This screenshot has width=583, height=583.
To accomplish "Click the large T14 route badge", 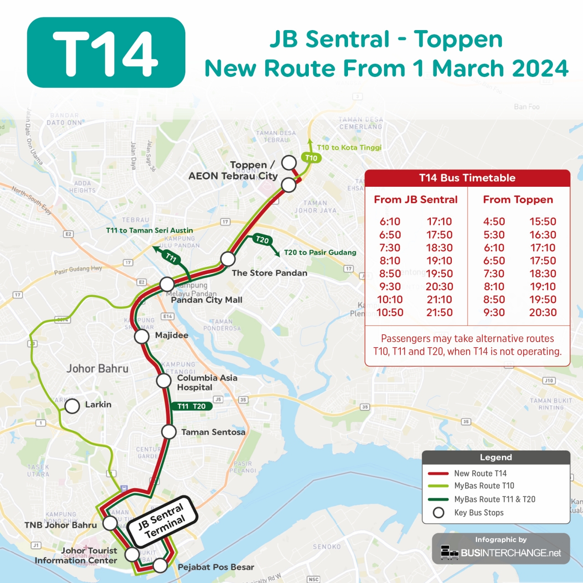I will (x=106, y=52).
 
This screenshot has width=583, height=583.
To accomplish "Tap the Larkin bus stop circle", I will (x=72, y=406).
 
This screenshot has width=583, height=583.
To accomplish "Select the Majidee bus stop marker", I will (x=142, y=337).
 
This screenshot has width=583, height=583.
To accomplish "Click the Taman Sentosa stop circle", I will (x=169, y=432).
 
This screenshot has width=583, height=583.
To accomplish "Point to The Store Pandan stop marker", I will (x=228, y=259).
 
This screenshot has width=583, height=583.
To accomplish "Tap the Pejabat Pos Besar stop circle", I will (x=160, y=566).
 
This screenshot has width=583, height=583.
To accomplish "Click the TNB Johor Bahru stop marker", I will (x=110, y=523).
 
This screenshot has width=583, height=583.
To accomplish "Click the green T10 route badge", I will (x=311, y=158).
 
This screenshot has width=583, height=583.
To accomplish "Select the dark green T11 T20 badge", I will (x=192, y=406).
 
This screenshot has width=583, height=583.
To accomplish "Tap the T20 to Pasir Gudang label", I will (x=320, y=252).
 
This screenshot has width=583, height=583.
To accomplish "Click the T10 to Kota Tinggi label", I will (x=349, y=148).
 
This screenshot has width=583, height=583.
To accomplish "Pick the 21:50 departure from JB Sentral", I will (x=440, y=312).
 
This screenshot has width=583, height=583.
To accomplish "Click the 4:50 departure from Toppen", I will (x=494, y=221).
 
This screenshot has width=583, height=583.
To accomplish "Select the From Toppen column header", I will (x=518, y=199).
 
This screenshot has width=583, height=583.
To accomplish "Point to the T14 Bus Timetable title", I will (x=467, y=178).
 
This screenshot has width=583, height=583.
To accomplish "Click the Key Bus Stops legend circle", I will (x=439, y=513).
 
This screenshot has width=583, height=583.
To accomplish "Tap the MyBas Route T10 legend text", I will (x=484, y=486).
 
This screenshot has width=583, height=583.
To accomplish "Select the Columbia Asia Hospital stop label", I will (x=207, y=383).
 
